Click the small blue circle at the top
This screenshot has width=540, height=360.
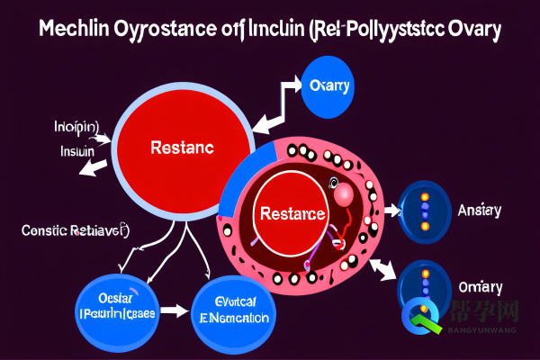328,86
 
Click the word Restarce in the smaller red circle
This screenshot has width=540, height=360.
292,215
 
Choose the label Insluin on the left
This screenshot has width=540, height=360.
77,152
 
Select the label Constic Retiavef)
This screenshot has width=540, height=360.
75,231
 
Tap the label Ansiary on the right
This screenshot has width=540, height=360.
480,211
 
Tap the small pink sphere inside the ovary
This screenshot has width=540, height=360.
343,193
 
